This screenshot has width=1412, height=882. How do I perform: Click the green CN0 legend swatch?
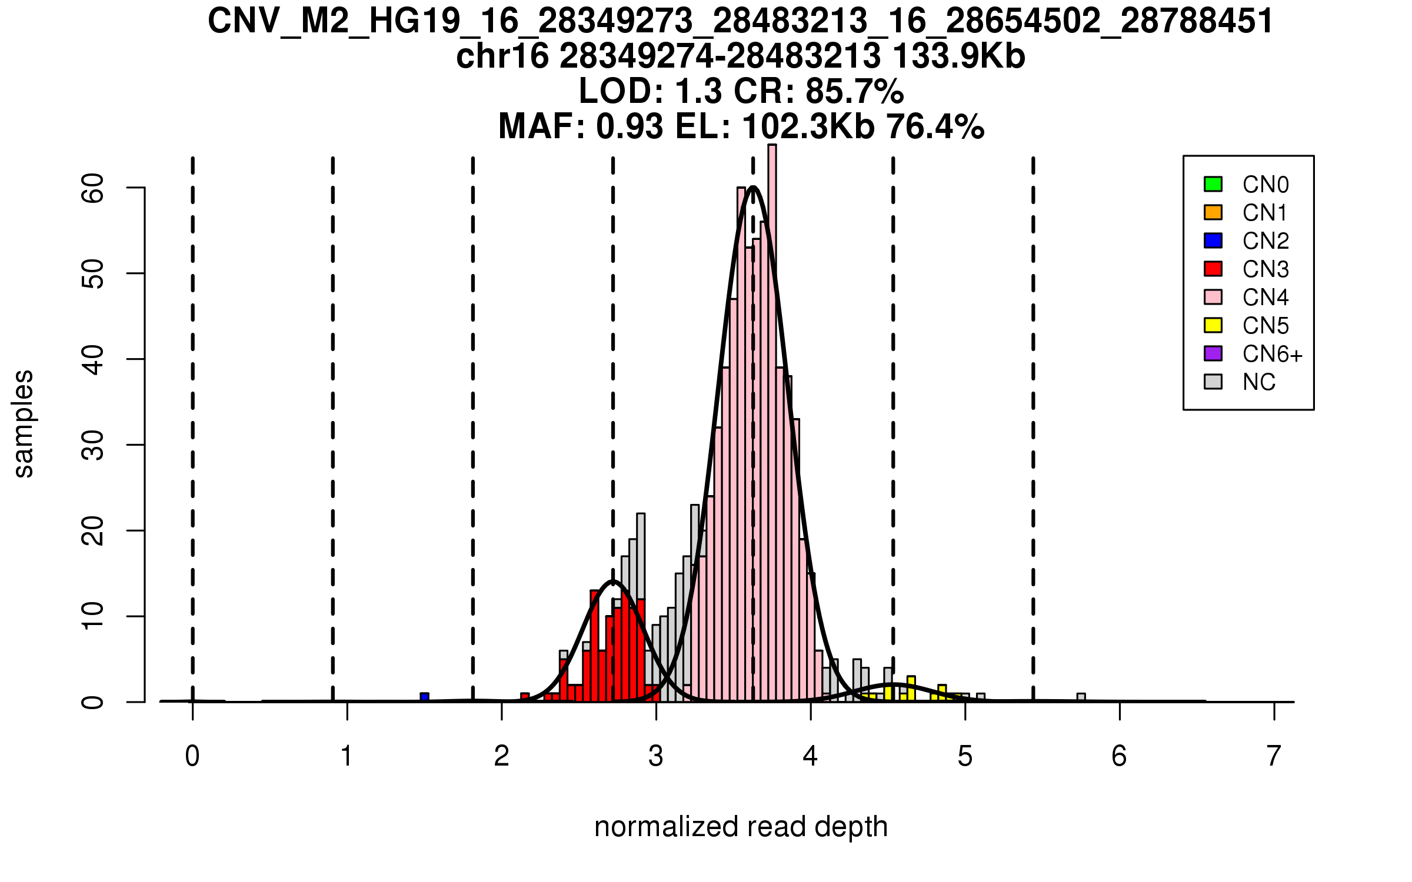click(x=1213, y=184)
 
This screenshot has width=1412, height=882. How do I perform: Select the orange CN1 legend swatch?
click(x=1213, y=212)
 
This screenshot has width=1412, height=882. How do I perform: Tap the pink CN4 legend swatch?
click(x=1213, y=297)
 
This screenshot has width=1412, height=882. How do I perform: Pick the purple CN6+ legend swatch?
click(x=1213, y=353)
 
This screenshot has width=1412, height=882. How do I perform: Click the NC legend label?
click(x=1258, y=382)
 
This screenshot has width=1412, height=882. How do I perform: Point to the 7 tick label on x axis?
click(x=1274, y=756)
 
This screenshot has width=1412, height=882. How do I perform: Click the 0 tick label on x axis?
click(x=192, y=756)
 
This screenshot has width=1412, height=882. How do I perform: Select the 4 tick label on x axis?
click(x=810, y=756)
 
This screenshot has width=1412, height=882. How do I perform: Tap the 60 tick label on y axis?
click(x=93, y=188)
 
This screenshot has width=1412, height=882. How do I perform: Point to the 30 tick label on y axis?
click(x=93, y=445)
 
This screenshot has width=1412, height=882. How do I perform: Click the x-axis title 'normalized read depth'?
click(x=741, y=827)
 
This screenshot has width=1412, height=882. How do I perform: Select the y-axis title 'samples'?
click(x=24, y=423)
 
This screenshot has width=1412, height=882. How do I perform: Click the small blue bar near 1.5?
click(x=424, y=697)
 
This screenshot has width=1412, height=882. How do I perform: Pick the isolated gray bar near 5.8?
click(x=1081, y=698)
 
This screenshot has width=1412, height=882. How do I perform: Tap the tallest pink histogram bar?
click(x=772, y=412)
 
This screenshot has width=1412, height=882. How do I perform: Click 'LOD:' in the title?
click(x=621, y=91)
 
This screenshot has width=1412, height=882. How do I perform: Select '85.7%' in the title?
click(x=854, y=91)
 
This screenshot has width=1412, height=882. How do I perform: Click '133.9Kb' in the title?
click(x=958, y=56)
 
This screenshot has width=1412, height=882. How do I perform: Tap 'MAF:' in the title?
click(x=541, y=126)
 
